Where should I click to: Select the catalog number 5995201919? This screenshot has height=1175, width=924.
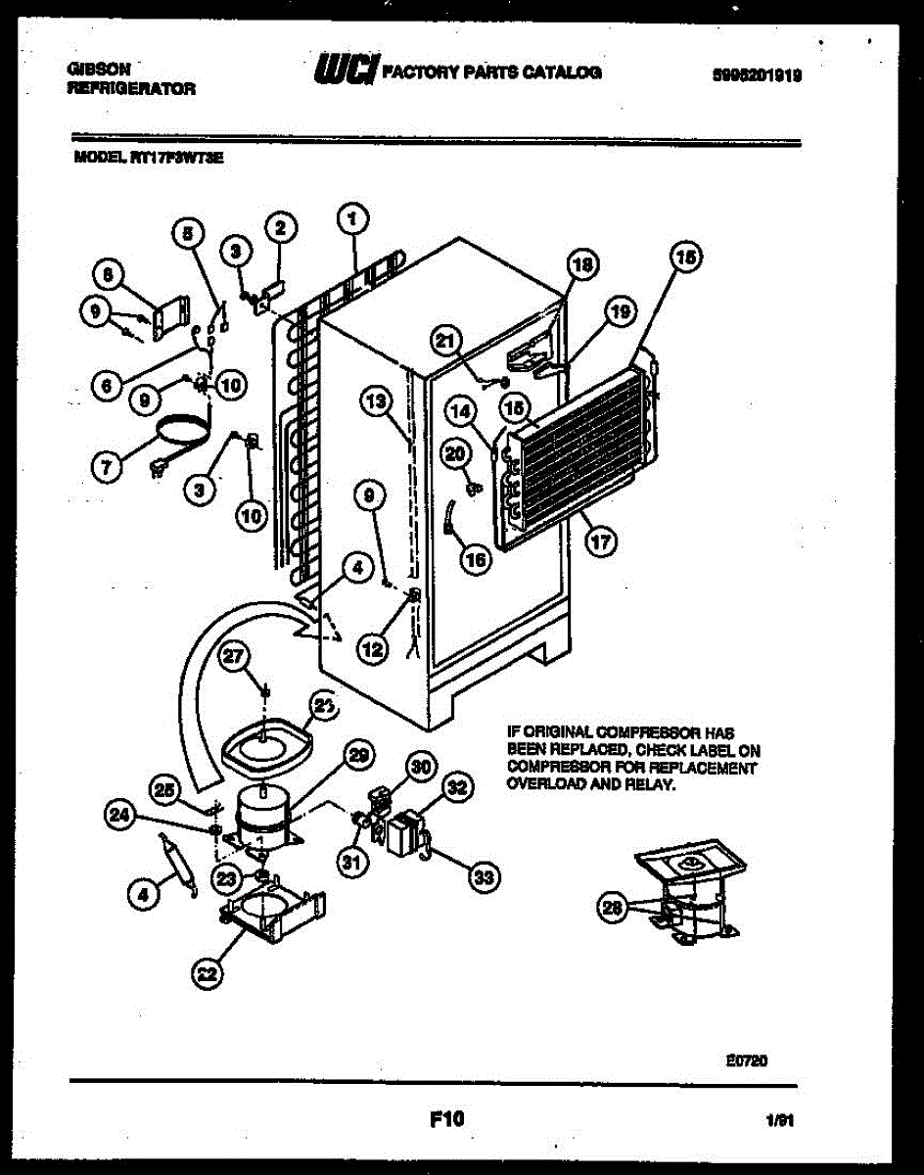pyautogui.click(x=757, y=72)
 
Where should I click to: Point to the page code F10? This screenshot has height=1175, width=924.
pyautogui.click(x=446, y=1117)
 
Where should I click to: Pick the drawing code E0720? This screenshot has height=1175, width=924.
pyautogui.click(x=747, y=1058)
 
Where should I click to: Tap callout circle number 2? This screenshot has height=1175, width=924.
pyautogui.click(x=280, y=228)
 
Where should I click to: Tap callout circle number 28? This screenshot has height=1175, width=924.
pyautogui.click(x=613, y=908)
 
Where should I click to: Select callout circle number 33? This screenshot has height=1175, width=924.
pyautogui.click(x=482, y=877)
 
